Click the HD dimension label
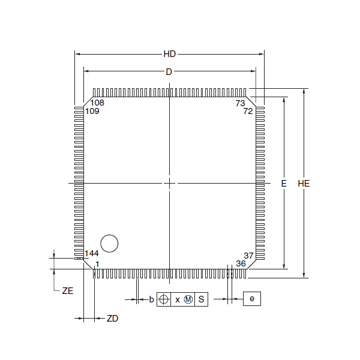170,54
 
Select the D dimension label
169,72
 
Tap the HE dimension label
304,184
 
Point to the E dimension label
284,184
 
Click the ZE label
68,291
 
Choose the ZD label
113,319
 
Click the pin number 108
97,103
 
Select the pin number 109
92,111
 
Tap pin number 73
240,103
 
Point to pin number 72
248,111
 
